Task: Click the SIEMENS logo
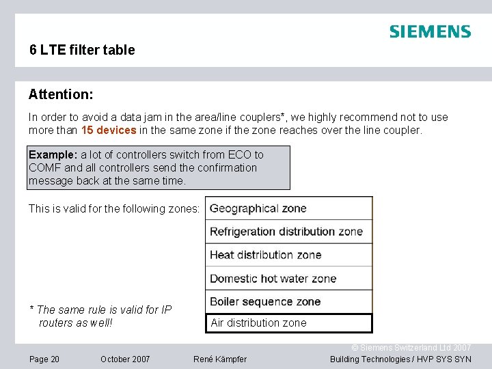click(430, 31)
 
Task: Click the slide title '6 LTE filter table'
click(82, 50)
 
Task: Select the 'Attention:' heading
click(61, 93)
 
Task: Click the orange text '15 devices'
click(109, 130)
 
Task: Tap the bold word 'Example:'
click(53, 154)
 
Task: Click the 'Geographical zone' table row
click(289, 208)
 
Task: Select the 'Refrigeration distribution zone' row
click(289, 232)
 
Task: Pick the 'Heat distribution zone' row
click(289, 255)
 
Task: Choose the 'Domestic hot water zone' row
click(289, 278)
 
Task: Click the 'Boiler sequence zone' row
click(289, 301)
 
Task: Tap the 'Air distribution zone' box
click(289, 323)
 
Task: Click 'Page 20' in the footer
click(44, 359)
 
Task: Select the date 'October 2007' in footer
click(125, 359)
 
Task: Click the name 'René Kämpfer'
click(220, 359)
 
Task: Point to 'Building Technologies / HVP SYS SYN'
click(400, 359)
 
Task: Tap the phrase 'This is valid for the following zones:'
click(114, 208)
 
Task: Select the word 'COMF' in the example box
click(45, 167)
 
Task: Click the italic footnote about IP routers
click(100, 316)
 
